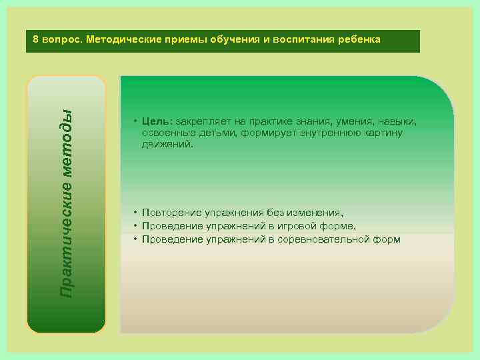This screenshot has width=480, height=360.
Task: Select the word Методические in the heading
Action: [120, 39]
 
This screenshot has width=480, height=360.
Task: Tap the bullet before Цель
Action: [135, 122]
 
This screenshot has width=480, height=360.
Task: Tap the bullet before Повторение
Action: [135, 213]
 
